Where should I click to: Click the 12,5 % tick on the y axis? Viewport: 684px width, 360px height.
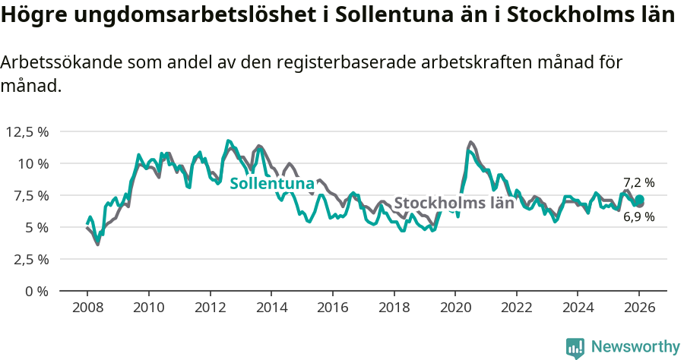pos(27,131)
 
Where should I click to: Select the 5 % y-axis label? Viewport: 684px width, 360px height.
pos(36,227)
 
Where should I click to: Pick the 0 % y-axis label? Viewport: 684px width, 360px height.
pos(36,291)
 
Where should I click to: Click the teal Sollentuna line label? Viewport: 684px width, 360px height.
pos(271,184)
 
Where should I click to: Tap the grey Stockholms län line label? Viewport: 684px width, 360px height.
pos(454,204)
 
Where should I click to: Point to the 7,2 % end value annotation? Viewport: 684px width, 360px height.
pos(638,182)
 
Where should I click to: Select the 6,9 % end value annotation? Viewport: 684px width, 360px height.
pos(638,217)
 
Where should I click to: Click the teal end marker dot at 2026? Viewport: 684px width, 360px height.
pos(639,199)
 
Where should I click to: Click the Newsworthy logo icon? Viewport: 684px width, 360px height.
pos(575,347)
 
